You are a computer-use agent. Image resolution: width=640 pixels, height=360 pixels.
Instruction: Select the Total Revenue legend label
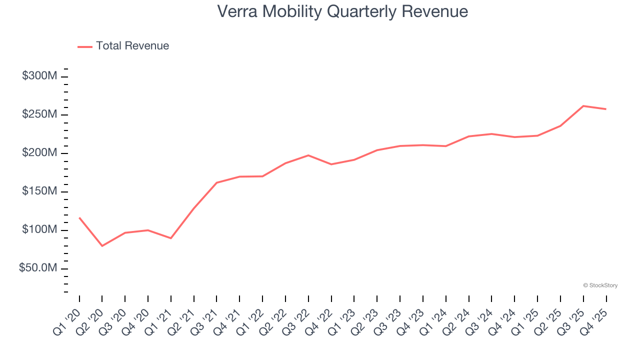pos(132,46)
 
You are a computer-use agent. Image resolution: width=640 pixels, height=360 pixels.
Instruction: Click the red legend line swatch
pos(85,46)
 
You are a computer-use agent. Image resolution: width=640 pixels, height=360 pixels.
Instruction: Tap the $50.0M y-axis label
pos(37,268)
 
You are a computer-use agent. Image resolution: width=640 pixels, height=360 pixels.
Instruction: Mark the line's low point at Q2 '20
pos(102,246)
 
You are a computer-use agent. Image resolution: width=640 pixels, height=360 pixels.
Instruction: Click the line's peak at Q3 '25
pos(583,106)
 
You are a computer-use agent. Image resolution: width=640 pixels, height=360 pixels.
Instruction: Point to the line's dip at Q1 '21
pos(171,238)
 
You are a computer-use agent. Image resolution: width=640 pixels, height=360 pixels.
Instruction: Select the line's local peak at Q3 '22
pos(308,155)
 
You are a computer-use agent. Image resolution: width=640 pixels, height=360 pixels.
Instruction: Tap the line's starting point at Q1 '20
pos(79,218)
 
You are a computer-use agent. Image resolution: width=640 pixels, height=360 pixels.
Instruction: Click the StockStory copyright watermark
pos(600,285)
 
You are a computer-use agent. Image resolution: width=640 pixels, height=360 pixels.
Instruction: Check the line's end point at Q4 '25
pos(606,109)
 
